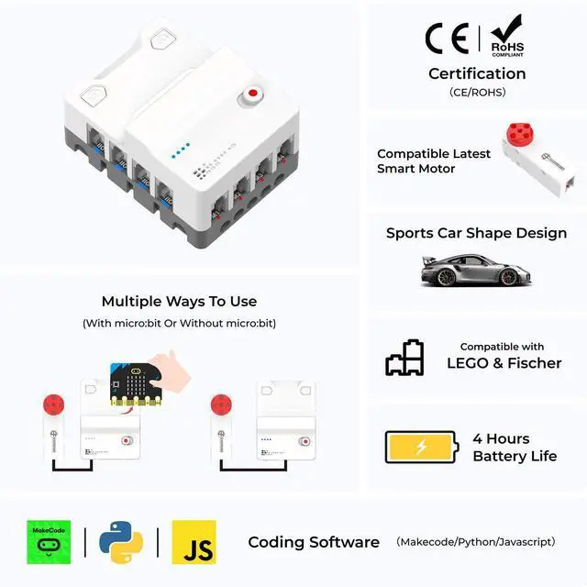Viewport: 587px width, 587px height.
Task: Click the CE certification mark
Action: [448, 38]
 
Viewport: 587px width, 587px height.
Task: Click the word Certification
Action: [477, 73]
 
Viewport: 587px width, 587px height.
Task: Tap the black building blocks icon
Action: [404, 358]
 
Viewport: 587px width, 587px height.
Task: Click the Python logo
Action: [121, 542]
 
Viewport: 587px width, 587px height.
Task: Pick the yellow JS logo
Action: [194, 542]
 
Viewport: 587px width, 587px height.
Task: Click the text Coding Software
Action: [314, 542]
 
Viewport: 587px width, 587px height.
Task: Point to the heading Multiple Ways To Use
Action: [179, 301]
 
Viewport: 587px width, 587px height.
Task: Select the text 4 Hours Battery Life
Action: [514, 447]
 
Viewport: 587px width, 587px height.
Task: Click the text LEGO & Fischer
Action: [504, 363]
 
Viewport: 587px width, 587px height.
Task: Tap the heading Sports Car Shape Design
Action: [476, 233]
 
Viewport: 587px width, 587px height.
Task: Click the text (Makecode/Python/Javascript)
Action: [475, 542]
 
